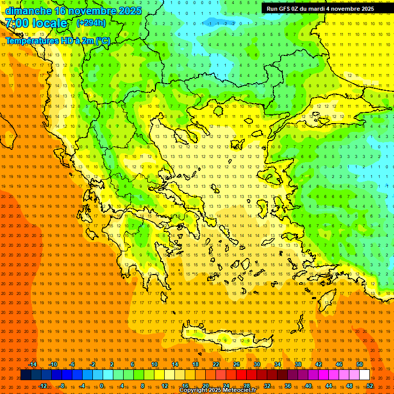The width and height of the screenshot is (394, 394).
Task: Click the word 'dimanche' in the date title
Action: point(28,11)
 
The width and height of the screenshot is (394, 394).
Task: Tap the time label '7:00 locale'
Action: point(36,23)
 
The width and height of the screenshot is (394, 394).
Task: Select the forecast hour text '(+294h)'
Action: point(91,23)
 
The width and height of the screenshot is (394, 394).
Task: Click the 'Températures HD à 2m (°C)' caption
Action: point(58,41)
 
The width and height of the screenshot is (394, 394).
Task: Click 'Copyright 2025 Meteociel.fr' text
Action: point(218,390)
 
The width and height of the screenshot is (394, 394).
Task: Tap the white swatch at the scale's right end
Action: point(364,375)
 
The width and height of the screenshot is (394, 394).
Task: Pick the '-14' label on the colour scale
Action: point(32,364)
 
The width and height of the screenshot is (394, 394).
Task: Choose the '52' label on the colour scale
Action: point(370,386)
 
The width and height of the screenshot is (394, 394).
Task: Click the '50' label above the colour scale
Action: point(360,364)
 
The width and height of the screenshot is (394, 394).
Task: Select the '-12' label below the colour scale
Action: point(43,386)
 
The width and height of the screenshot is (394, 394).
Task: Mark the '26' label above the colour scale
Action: point(237,364)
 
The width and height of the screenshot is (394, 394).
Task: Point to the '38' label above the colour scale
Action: point(298,364)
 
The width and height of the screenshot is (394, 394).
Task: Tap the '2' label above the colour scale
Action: point(112,364)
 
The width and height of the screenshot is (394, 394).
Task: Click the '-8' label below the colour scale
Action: point(63,386)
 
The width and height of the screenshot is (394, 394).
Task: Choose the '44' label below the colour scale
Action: point(329,386)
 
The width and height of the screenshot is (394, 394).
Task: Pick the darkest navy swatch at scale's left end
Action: point(26,375)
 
